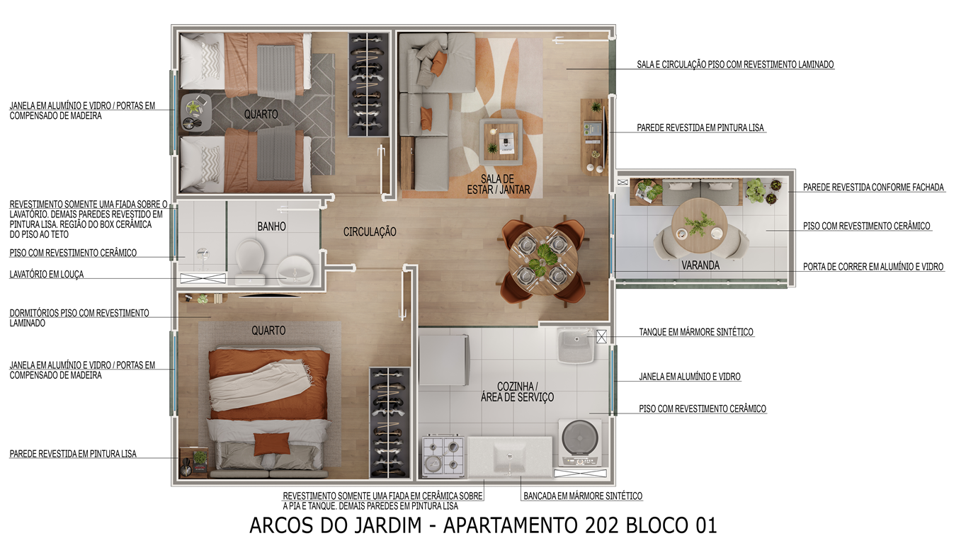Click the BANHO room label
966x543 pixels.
click(x=271, y=227)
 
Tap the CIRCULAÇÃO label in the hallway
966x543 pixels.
click(x=370, y=232)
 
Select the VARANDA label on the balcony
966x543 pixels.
click(x=700, y=265)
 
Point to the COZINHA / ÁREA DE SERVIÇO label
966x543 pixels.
click(x=517, y=391)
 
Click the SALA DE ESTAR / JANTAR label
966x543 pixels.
click(x=498, y=184)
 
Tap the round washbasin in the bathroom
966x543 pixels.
click(x=295, y=271)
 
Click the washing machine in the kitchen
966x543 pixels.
click(x=580, y=443)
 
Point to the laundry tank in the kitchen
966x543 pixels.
click(x=576, y=345)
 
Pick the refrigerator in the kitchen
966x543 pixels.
click(x=444, y=360)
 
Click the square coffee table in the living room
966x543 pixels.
click(x=501, y=141)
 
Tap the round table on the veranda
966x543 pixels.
click(x=699, y=225)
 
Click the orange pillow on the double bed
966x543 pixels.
click(x=271, y=444)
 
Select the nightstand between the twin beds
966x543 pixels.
click(x=195, y=112)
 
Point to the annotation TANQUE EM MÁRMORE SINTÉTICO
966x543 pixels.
click(x=696, y=332)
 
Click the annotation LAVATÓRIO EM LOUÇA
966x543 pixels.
click(x=47, y=274)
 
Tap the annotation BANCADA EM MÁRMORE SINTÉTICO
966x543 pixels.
click(x=583, y=496)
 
